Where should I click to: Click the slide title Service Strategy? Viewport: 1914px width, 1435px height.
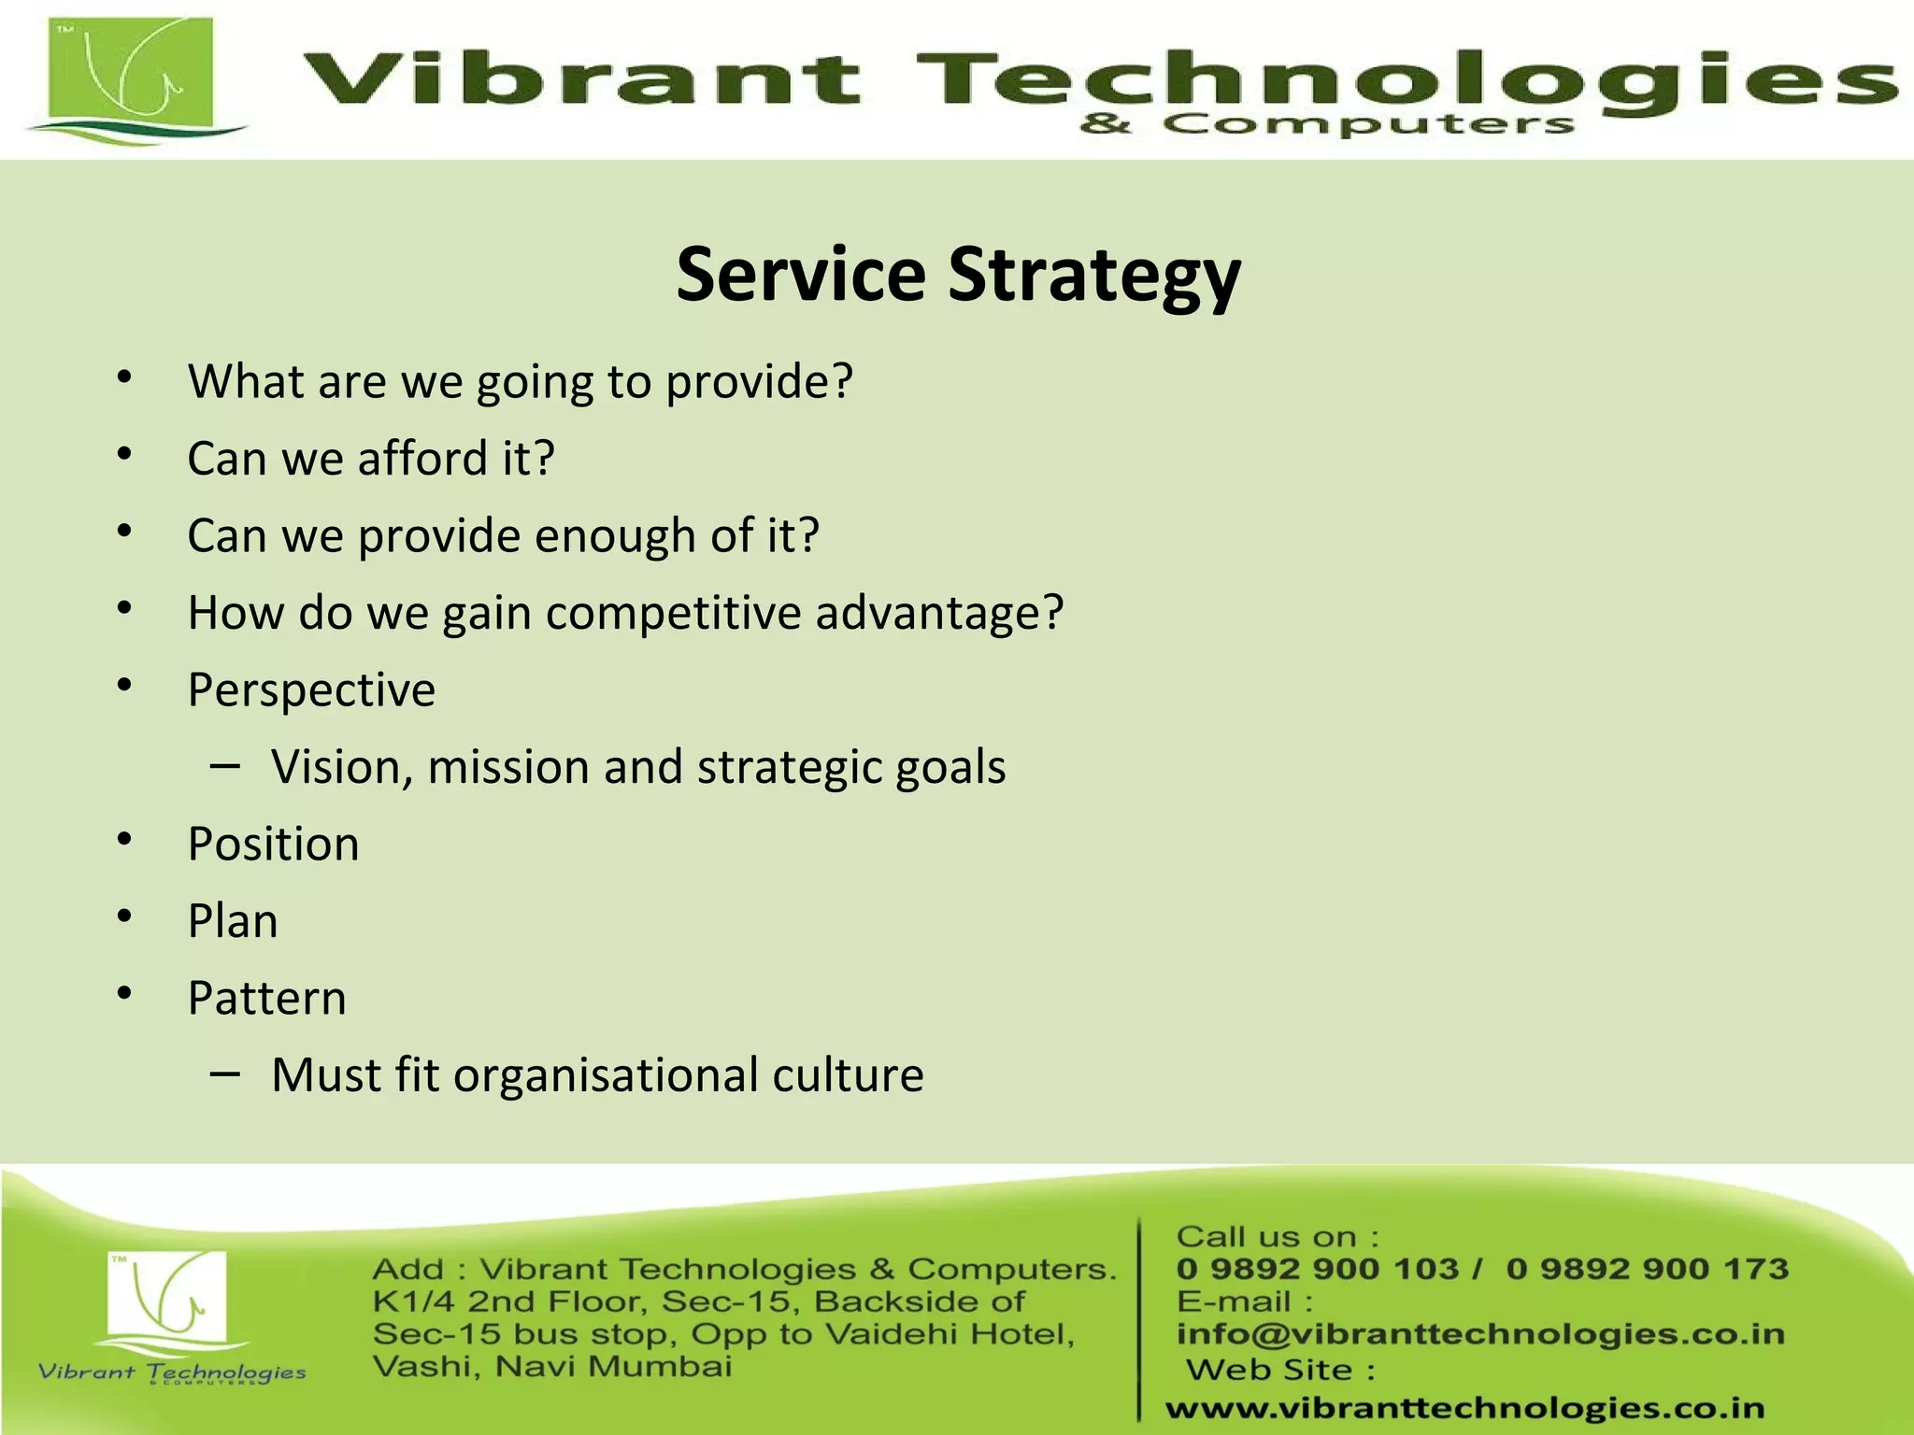point(958,275)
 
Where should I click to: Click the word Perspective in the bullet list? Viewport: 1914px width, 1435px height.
point(311,690)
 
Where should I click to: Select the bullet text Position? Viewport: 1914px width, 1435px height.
point(273,845)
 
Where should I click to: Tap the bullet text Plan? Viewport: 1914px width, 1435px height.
point(233,921)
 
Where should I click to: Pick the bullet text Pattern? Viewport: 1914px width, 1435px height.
point(266,999)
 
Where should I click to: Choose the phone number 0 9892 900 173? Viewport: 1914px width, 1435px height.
point(1648,1269)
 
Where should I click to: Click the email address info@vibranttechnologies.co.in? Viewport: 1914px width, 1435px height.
point(1480,1333)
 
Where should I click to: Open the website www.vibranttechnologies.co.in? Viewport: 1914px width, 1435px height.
point(1464,1407)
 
